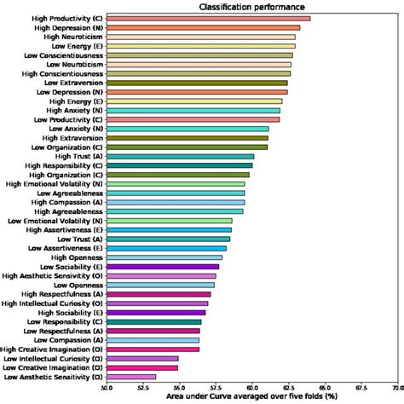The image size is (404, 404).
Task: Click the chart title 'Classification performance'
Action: tap(254, 8)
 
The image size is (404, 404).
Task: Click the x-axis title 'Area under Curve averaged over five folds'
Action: tap(252, 397)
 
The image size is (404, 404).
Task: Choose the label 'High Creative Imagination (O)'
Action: tap(53, 349)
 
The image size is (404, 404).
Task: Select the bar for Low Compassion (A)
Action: tap(153, 339)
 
